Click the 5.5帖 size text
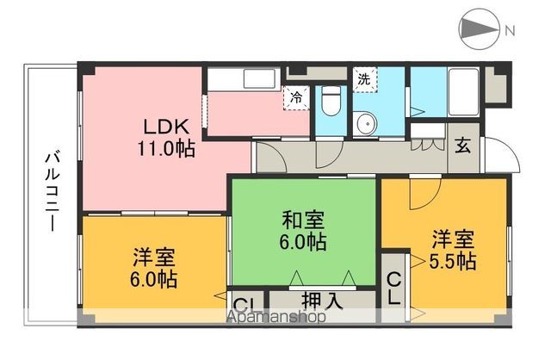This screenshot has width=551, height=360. pos(454,260)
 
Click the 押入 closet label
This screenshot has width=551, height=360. pos(324,301)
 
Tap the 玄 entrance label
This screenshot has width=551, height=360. pos(463,146)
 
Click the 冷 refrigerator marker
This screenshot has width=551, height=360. pos(296,96)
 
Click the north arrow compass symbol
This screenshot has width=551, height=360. pos(480,30)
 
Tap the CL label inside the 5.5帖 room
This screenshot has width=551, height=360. pos(393,289)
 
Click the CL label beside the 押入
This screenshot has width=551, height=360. pos(244,304)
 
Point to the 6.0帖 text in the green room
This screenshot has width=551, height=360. pos(301,243)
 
